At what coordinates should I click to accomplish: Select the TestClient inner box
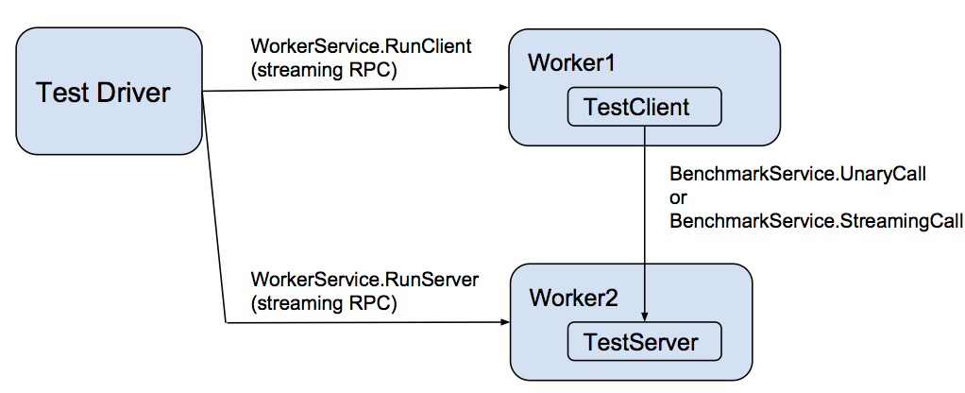click(x=643, y=108)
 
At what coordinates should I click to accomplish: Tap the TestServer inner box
click(x=643, y=341)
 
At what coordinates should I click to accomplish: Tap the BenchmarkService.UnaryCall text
click(x=798, y=176)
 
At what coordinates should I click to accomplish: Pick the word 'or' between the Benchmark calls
click(x=677, y=198)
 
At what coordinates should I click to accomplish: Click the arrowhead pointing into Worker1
click(x=503, y=90)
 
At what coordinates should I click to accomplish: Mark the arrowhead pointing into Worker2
click(x=504, y=323)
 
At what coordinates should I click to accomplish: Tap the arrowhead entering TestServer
click(x=644, y=317)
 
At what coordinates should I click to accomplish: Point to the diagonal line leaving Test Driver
click(x=214, y=208)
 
